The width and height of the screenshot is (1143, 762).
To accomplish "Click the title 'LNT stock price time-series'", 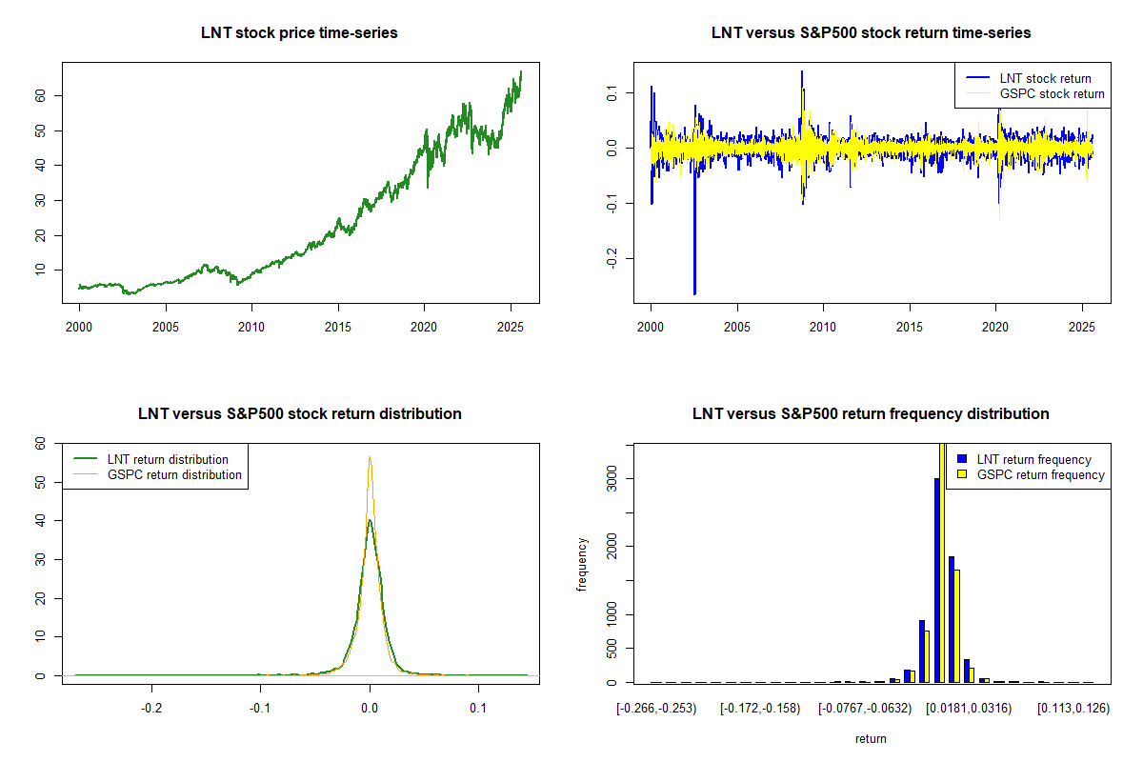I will click(x=299, y=33).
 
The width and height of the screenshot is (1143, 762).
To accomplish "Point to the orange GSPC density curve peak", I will click(x=370, y=458).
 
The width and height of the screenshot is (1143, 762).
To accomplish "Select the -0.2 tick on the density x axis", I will click(x=151, y=709).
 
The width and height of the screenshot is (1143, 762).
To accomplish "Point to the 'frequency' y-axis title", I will click(x=582, y=565).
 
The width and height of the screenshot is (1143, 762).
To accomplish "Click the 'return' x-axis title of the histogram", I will click(x=871, y=738).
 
